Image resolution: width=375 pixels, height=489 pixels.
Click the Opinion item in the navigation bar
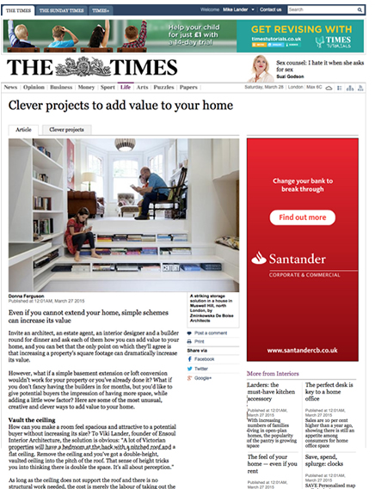click(x=34, y=87)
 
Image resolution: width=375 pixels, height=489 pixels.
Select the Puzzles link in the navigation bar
click(x=163, y=87)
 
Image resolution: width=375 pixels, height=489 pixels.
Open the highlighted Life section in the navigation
click(x=126, y=87)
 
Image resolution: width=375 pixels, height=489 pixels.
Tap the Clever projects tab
click(x=66, y=129)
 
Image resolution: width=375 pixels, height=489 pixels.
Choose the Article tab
click(x=23, y=129)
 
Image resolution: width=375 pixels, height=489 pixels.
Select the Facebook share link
click(x=204, y=359)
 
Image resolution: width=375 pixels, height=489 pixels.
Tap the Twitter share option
click(x=202, y=369)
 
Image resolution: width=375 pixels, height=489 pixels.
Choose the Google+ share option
click(x=203, y=378)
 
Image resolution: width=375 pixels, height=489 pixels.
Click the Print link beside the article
click(x=200, y=341)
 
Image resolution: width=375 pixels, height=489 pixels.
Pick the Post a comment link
click(x=211, y=332)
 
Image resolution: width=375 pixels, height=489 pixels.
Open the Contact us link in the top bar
click(x=271, y=9)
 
